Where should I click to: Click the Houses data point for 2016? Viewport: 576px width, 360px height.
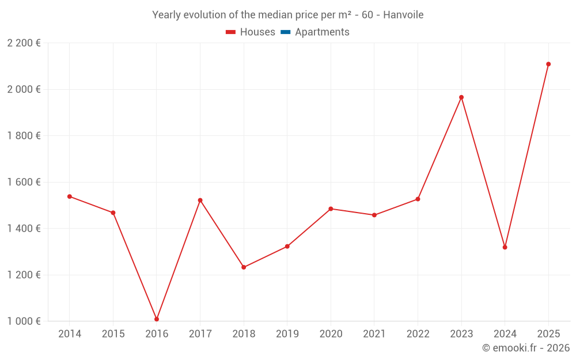coord(157,319)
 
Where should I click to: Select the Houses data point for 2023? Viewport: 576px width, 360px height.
coord(461,97)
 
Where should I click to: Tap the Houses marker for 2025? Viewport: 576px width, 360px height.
coord(548,64)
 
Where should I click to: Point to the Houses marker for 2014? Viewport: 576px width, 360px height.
coord(70,196)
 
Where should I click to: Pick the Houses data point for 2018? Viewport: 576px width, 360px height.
coord(244,267)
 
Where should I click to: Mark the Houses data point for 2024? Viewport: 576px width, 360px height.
coord(505,247)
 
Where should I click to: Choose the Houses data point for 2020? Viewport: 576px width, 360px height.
coord(331,209)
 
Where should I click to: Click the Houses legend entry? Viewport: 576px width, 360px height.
coord(251,32)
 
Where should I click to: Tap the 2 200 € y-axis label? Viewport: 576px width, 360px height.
coord(24,43)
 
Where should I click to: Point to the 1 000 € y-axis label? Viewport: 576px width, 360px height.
coord(24,321)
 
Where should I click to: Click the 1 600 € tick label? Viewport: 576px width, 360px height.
coord(24,182)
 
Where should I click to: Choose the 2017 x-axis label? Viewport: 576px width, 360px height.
coord(200,334)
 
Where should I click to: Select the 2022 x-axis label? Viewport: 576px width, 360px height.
coord(418,334)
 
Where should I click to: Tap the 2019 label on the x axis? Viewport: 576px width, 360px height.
coord(287,334)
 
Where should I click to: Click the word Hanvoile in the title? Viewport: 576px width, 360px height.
coord(403,15)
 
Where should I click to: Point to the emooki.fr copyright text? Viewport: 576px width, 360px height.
coord(526,348)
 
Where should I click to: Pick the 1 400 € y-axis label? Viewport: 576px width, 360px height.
coord(24,229)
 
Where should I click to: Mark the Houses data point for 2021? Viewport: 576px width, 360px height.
coord(374,215)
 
